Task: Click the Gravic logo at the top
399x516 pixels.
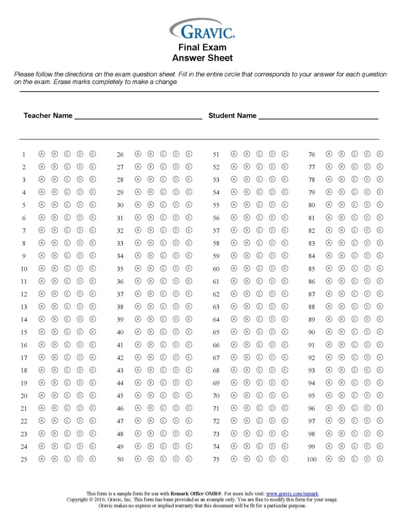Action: click(202, 29)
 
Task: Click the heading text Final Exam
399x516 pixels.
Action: click(202, 48)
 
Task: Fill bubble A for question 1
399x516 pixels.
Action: click(42, 154)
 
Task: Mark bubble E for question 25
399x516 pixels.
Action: click(92, 459)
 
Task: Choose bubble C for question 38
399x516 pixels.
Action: click(163, 306)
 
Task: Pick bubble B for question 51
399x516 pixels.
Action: click(247, 154)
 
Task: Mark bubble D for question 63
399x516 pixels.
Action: click(272, 306)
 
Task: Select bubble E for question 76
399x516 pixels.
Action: click(380, 154)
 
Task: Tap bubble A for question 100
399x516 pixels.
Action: click(329, 459)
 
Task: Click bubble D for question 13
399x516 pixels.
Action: click(80, 306)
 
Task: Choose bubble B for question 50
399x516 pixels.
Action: click(151, 459)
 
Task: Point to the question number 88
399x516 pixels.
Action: click(312, 307)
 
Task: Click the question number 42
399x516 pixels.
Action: click(120, 358)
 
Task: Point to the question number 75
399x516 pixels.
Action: click(216, 459)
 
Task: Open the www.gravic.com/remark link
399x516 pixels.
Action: click(292, 494)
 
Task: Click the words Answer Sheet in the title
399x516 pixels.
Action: click(202, 58)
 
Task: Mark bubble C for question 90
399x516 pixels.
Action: click(354, 332)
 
